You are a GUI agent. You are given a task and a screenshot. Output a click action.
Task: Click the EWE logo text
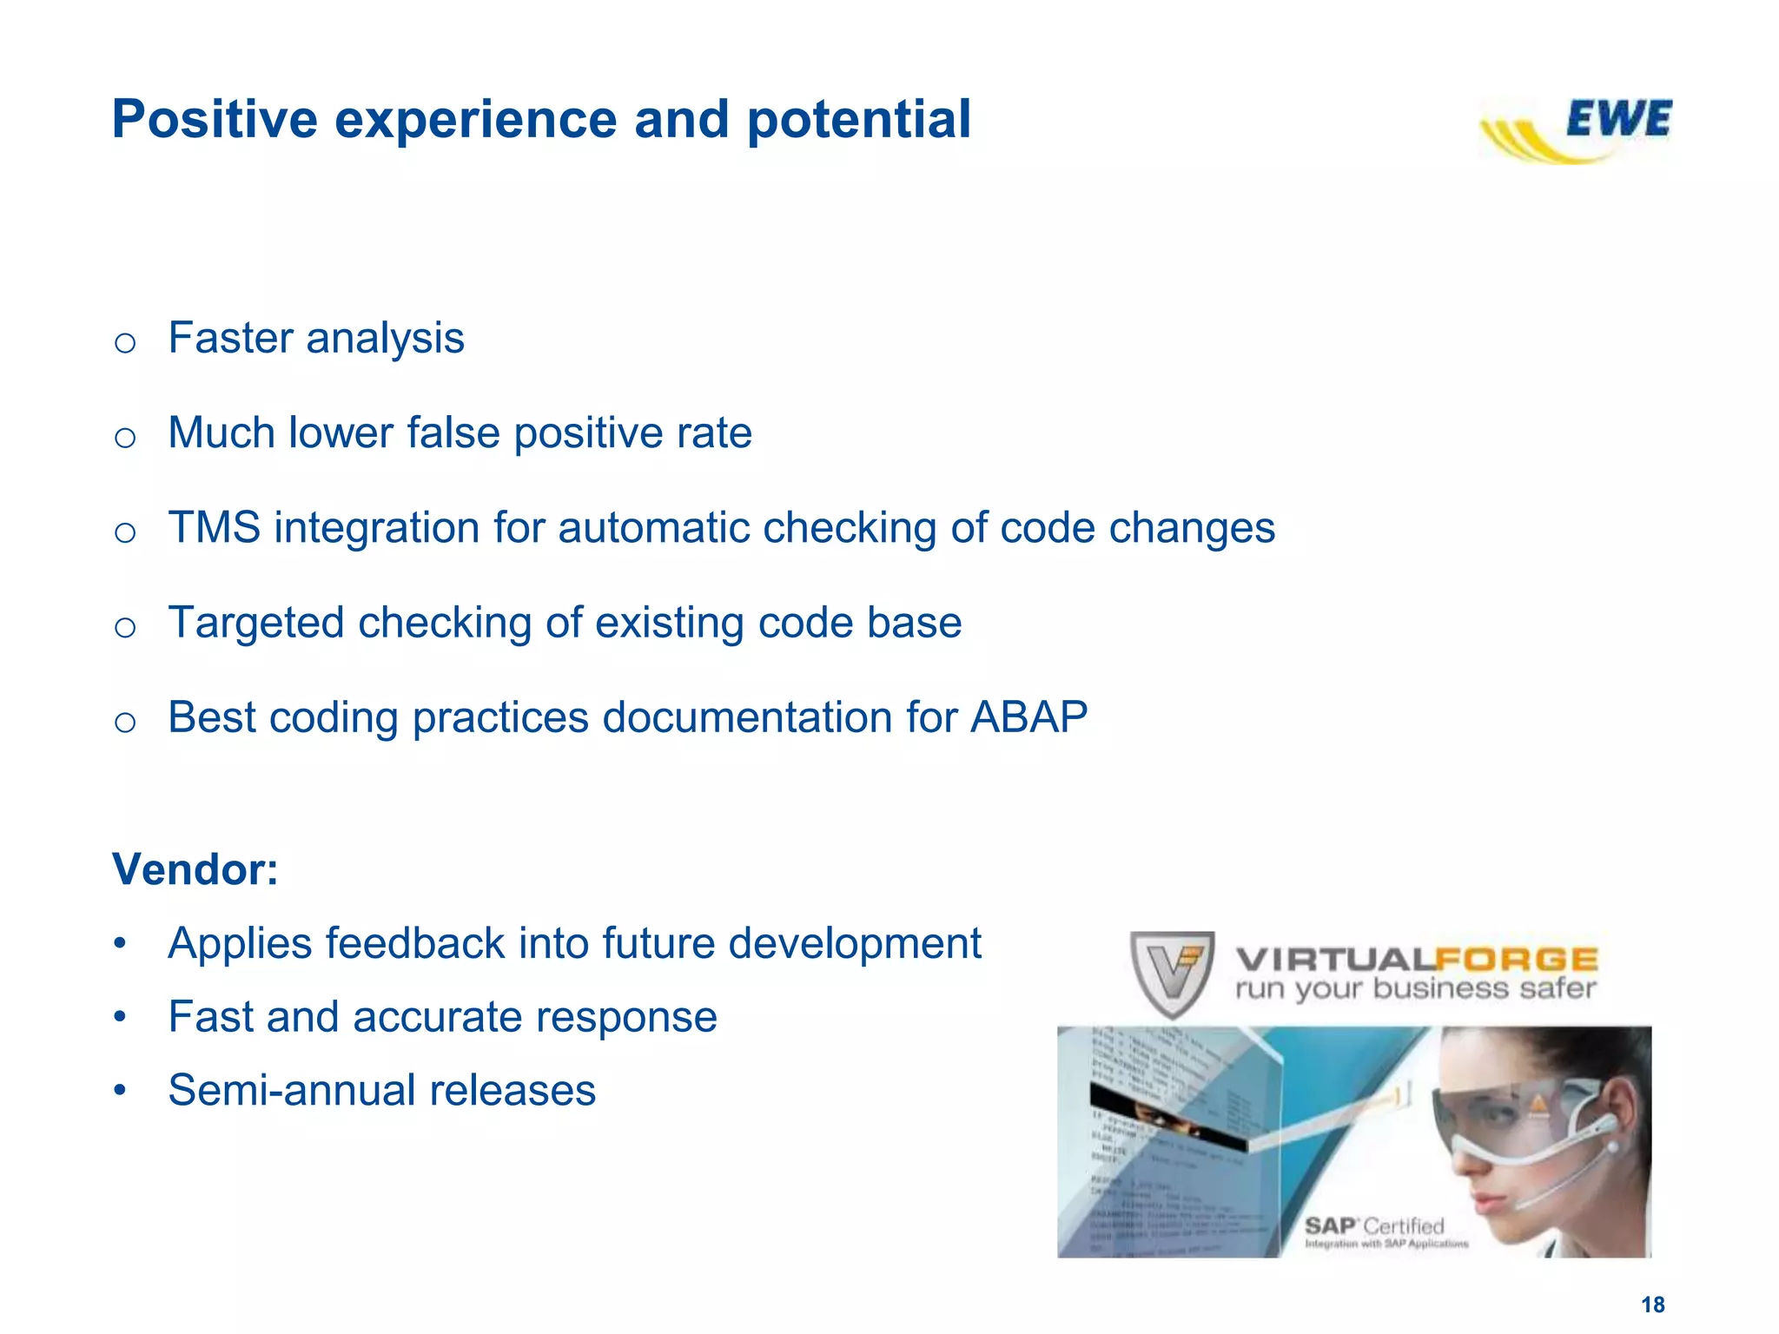(1618, 120)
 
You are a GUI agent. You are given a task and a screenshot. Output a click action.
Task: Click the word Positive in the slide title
(215, 119)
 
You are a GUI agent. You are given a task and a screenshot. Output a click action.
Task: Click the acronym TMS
(214, 528)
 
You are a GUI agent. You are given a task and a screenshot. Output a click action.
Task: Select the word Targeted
(256, 623)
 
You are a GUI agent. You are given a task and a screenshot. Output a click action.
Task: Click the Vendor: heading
(195, 869)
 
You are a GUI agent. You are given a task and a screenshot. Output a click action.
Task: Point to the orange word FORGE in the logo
(1516, 960)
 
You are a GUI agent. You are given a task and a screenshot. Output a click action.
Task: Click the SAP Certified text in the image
(1374, 1226)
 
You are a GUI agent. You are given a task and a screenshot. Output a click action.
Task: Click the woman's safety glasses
(1511, 1116)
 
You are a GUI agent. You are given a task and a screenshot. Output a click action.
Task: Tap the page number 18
(1652, 1304)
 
